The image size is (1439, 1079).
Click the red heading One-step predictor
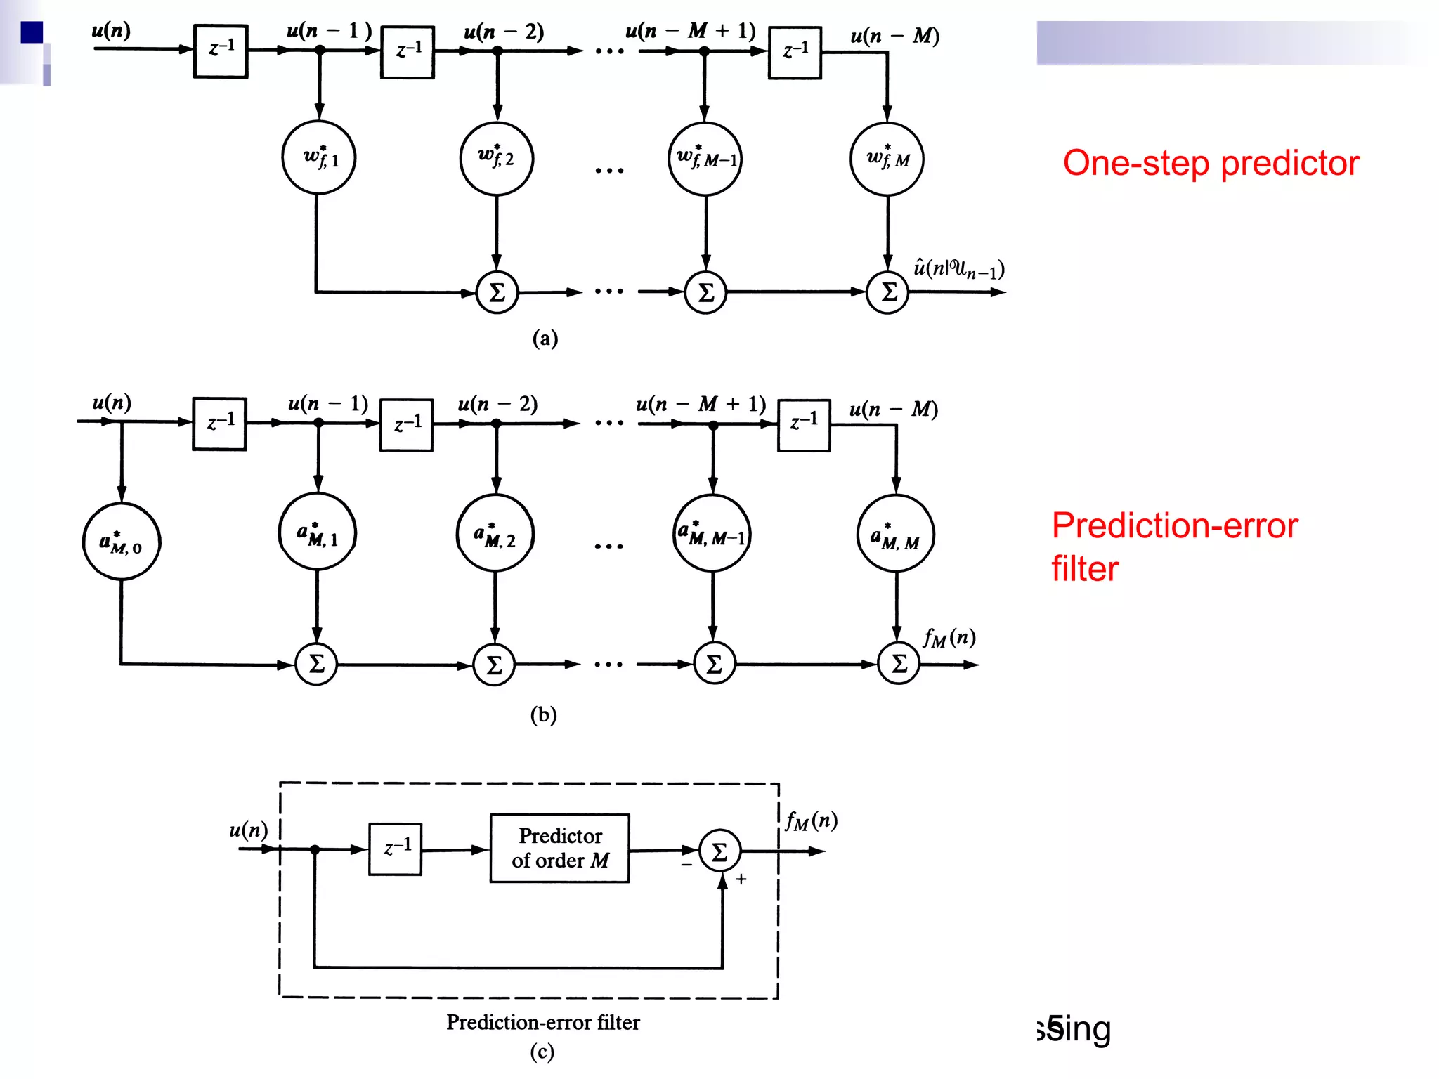point(1211,163)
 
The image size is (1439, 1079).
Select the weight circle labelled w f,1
point(319,158)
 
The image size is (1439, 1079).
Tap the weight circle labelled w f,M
point(887,159)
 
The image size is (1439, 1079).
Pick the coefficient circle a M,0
point(122,542)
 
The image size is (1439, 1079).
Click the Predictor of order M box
point(559,848)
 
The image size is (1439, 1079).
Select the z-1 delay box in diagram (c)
point(396,849)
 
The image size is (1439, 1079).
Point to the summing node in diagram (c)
point(719,851)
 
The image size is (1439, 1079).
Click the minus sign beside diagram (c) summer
point(686,865)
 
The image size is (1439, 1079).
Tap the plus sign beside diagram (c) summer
point(741,879)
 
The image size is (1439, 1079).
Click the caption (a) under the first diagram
point(545,339)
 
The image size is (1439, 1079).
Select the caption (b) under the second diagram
point(543,714)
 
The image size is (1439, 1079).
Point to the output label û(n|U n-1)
point(958,268)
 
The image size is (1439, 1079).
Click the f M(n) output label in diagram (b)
point(949,637)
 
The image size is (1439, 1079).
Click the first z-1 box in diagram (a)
point(221,51)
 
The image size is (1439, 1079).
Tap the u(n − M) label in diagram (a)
point(894,35)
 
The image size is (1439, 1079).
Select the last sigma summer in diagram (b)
point(899,663)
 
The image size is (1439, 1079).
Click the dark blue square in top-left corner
point(32,32)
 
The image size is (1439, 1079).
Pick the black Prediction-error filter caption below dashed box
point(543,1022)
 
